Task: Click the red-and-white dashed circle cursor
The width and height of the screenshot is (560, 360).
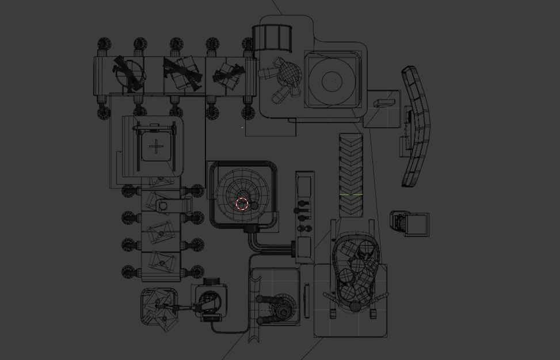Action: click(x=242, y=204)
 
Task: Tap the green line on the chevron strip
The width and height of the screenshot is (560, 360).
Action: click(x=351, y=194)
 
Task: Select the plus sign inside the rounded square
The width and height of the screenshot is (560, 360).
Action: click(x=157, y=147)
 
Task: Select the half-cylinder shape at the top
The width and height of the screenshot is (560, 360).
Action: click(x=274, y=38)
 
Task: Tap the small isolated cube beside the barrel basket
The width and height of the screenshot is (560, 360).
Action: click(x=410, y=223)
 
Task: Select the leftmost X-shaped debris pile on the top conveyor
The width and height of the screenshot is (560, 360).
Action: click(x=129, y=73)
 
